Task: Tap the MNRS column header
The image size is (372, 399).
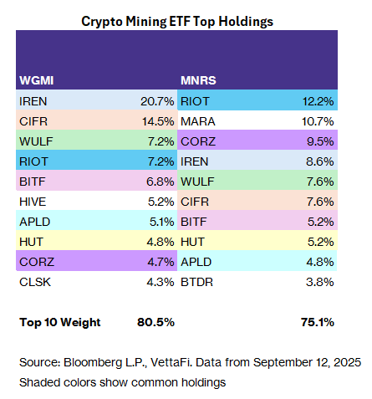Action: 197,82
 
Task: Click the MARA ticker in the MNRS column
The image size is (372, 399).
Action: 198,121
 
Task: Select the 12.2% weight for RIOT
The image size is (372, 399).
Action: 318,101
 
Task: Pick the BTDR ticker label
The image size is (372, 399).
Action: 197,282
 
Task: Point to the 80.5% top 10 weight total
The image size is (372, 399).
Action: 154,322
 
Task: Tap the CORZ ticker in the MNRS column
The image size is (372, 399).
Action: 197,141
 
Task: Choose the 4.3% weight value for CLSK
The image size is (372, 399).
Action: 158,282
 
